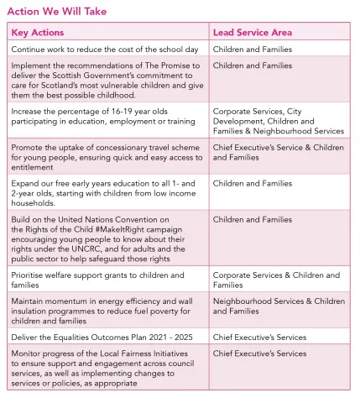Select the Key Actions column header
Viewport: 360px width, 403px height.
point(37,33)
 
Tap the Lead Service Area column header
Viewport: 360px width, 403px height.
point(252,33)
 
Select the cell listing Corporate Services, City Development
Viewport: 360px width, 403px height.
point(278,120)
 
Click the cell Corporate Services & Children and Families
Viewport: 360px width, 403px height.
point(278,280)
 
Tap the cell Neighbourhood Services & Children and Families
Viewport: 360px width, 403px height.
point(278,306)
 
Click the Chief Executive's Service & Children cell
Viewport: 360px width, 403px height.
point(278,152)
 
